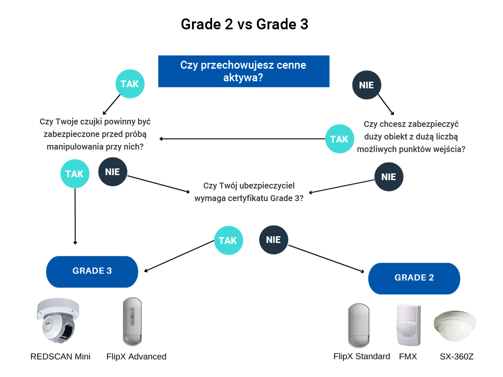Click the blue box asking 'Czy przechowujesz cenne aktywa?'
coord(244,71)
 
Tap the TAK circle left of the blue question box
coord(130,84)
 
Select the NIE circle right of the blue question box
coord(366,85)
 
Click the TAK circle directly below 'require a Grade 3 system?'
coord(228,240)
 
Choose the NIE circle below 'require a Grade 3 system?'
coord(273,240)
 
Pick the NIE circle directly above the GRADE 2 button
coord(389,177)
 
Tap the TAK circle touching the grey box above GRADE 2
coord(340,139)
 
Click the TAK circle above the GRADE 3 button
coord(75,174)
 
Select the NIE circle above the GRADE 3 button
coord(112,172)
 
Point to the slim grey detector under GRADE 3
coord(132,322)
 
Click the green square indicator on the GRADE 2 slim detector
coord(359,317)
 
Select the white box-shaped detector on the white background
coord(408,325)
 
